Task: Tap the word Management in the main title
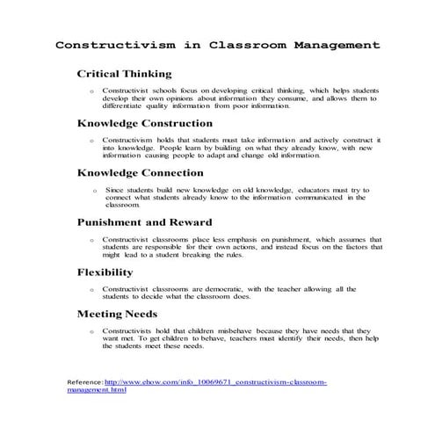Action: point(334,44)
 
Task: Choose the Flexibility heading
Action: point(105,272)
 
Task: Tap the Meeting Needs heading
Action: point(118,313)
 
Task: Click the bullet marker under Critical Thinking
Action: point(91,91)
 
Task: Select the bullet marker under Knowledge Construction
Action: point(91,141)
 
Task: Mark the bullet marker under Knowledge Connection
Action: point(94,190)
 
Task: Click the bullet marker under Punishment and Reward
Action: point(91,240)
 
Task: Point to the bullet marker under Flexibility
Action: point(91,289)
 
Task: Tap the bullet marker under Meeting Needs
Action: point(91,330)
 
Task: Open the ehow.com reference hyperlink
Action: point(215,382)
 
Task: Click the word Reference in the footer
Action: point(84,382)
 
